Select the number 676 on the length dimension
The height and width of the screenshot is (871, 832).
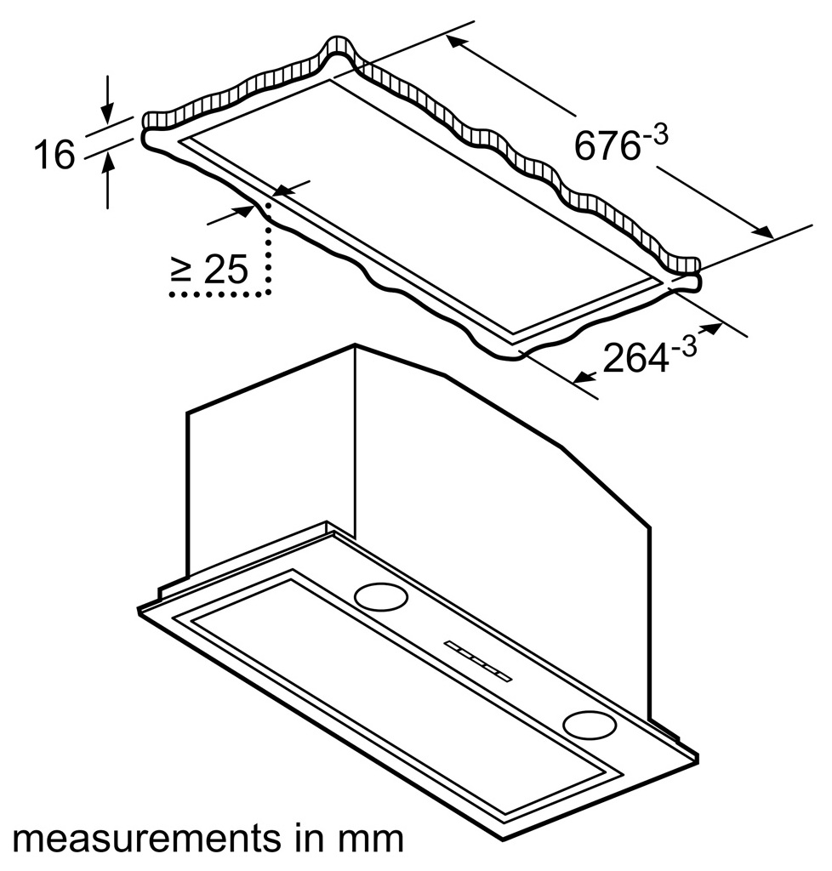pos(606,145)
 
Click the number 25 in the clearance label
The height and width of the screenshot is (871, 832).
pos(225,270)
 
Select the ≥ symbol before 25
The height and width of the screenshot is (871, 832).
pos(181,270)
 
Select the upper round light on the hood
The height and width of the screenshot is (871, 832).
pos(378,596)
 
